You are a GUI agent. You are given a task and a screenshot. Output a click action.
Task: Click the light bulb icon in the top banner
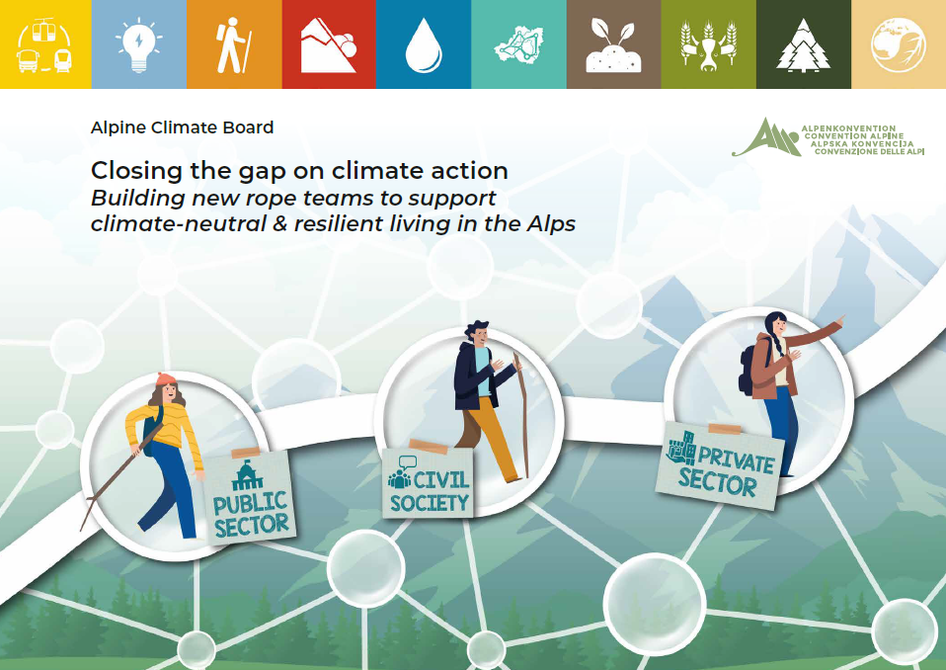click(139, 44)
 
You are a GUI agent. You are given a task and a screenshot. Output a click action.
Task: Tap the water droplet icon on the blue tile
click(424, 45)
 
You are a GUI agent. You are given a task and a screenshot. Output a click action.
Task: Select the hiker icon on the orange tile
click(233, 45)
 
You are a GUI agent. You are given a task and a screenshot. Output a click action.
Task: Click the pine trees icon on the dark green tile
click(803, 45)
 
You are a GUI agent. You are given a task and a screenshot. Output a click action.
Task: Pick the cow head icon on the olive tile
click(708, 45)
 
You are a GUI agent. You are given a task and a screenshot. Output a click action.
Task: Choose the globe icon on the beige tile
click(898, 44)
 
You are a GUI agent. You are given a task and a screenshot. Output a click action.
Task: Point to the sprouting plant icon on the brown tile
click(613, 45)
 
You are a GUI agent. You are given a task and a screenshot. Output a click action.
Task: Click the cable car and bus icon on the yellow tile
click(44, 45)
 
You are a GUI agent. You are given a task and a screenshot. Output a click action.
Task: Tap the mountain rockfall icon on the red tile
click(329, 45)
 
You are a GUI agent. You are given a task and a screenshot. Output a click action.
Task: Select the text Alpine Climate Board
click(183, 127)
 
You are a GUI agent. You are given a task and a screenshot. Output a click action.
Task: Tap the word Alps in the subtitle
click(551, 223)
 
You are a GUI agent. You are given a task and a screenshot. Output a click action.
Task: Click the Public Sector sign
click(249, 496)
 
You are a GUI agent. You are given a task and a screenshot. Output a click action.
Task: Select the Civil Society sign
click(429, 481)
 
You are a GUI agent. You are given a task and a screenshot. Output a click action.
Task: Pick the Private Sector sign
click(720, 465)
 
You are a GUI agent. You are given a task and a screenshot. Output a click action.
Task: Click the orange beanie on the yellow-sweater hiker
click(165, 379)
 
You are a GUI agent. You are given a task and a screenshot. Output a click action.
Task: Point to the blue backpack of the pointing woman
click(749, 370)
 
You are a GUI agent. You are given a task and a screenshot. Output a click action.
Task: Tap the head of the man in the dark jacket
click(477, 334)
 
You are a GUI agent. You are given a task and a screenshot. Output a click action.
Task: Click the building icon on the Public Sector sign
click(247, 475)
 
